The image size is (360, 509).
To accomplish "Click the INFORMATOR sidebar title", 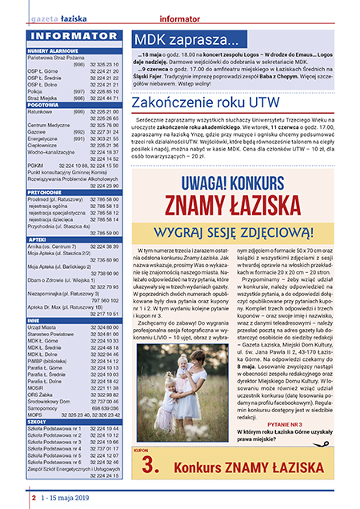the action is pos(72,35).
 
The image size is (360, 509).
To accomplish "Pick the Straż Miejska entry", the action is pos(43,98).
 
